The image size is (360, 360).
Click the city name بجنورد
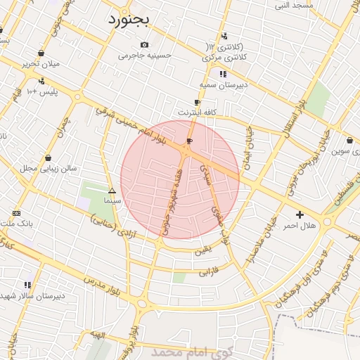tap(129, 20)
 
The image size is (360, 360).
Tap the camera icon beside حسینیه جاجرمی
tap(144, 45)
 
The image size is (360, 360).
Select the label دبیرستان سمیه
tap(223, 84)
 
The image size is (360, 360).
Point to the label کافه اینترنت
tap(198, 112)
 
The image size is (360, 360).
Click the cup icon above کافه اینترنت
tap(198, 102)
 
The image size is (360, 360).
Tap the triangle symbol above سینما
tap(112, 191)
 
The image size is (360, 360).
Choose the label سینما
tap(112, 201)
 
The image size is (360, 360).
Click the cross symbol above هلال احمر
tap(300, 214)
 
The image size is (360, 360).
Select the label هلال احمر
tap(300, 226)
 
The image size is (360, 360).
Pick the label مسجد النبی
tap(292, 5)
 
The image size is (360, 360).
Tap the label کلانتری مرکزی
tap(223, 56)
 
